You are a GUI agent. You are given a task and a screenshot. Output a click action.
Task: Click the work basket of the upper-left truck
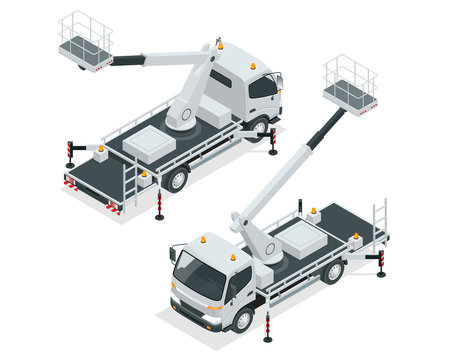pyautogui.click(x=86, y=42)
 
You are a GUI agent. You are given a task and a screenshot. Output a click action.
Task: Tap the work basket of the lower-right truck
pyautogui.click(x=349, y=86)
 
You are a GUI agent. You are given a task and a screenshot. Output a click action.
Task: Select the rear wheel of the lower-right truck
pyautogui.click(x=334, y=270)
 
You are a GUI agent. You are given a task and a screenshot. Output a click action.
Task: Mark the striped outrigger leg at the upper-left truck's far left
pyautogui.click(x=71, y=157)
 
